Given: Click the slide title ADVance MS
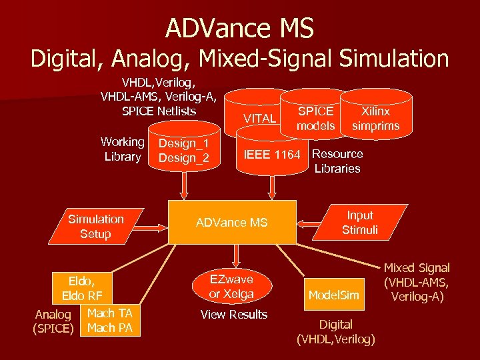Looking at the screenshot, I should pyautogui.click(x=239, y=28).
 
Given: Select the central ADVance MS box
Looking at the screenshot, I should pyautogui.click(x=232, y=223).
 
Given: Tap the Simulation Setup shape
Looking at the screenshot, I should pyautogui.click(x=96, y=227).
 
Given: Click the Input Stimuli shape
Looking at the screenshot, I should pyautogui.click(x=360, y=223).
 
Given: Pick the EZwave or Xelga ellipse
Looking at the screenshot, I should pyautogui.click(x=231, y=286).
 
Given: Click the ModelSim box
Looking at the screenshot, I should pyautogui.click(x=333, y=295).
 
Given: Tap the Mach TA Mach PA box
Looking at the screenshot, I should pyautogui.click(x=110, y=321).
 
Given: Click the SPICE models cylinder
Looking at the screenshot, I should pyautogui.click(x=316, y=118).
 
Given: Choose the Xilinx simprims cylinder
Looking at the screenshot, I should pyautogui.click(x=375, y=118).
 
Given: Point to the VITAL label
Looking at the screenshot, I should pyautogui.click(x=260, y=119).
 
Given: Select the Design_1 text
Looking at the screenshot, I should pyautogui.click(x=184, y=143).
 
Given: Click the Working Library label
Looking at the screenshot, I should pyautogui.click(x=122, y=149).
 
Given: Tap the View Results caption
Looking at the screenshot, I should pyautogui.click(x=234, y=315).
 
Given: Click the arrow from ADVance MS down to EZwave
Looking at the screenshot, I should pyautogui.click(x=233, y=255).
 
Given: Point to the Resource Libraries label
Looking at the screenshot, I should pyautogui.click(x=337, y=161).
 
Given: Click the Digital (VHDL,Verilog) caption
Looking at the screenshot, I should pyautogui.click(x=336, y=332).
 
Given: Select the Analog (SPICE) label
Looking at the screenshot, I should pyautogui.click(x=53, y=321).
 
